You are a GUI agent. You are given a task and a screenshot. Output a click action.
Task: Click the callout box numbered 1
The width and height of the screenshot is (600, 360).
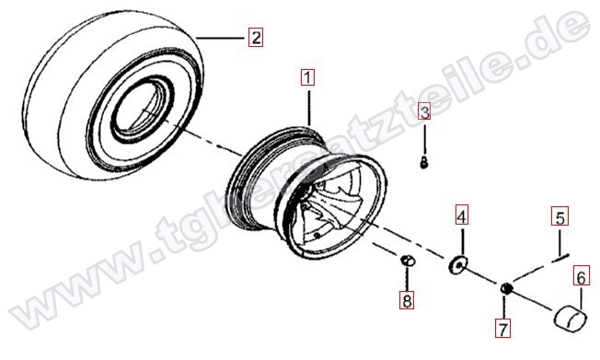[x=307, y=77]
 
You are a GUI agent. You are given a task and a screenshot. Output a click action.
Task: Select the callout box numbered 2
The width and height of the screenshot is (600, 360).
[x=255, y=38]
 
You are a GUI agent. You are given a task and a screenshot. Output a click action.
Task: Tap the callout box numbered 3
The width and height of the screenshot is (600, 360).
[x=424, y=111]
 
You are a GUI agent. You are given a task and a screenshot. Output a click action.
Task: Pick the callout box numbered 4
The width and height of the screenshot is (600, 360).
[x=462, y=215]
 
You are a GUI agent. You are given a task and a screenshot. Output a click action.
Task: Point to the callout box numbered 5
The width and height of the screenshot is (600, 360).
[x=560, y=216]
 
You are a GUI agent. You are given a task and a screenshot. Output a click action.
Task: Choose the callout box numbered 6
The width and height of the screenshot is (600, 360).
[x=582, y=277]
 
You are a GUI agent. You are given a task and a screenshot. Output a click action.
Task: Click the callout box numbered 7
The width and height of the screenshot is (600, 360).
[x=502, y=329]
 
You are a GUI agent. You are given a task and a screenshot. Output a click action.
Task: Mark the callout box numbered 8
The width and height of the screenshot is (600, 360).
[x=407, y=300]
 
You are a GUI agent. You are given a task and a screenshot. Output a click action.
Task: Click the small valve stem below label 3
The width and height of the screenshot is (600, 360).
[x=423, y=163]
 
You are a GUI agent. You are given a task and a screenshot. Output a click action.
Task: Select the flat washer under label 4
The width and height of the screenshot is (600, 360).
[x=458, y=264]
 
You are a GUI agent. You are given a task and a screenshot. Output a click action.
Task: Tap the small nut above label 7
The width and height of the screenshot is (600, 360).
[x=505, y=288]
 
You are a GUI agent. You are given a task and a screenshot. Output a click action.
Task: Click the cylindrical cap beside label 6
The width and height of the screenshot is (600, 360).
[x=571, y=318]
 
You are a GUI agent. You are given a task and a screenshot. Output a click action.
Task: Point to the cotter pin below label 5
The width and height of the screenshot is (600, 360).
[x=560, y=258]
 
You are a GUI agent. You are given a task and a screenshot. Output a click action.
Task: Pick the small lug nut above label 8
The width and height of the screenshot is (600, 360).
[x=408, y=261]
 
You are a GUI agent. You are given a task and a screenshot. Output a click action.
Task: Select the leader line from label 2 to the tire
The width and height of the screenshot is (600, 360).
[x=220, y=38]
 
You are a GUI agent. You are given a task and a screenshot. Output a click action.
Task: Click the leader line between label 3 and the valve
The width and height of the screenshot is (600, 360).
[x=424, y=139]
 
